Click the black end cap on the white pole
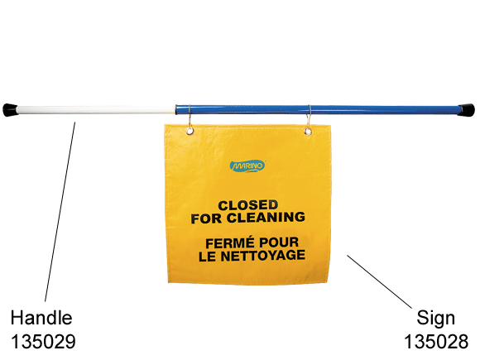tap(11, 110)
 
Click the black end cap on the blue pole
tap(467, 111)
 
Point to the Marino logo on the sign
tap(247, 166)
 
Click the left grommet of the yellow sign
tap(190, 131)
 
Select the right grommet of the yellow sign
tap(308, 132)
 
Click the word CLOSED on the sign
tap(248, 205)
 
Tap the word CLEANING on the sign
tap(266, 218)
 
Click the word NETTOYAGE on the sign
tap(263, 256)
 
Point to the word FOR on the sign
tap(206, 218)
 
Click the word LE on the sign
tap(207, 257)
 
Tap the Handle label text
tap(41, 318)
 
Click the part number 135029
tap(43, 341)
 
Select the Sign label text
tap(435, 319)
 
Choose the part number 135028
tap(436, 341)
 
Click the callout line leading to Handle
tap(60, 212)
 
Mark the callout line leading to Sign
tap(379, 281)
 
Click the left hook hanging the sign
tap(190, 118)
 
